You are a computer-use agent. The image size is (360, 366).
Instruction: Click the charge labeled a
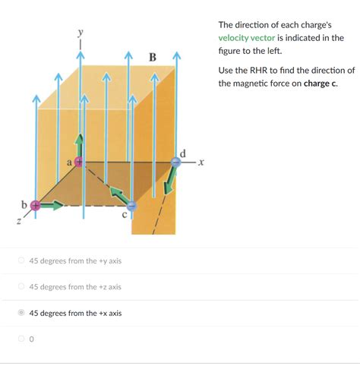78,162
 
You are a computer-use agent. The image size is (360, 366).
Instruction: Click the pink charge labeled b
35,205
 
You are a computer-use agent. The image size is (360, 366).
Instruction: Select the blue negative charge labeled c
131,205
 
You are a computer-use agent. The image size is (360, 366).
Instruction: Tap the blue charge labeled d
176,161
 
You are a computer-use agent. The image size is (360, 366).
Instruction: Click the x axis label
201,161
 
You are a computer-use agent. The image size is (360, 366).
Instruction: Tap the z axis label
17,221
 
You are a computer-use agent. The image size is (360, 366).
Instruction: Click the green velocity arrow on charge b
52,205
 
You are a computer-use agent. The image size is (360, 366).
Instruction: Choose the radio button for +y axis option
21,261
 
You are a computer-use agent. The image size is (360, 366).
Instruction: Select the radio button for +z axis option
21,287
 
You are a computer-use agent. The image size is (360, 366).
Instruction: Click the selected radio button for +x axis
21,313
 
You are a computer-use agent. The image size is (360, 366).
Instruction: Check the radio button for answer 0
21,339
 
